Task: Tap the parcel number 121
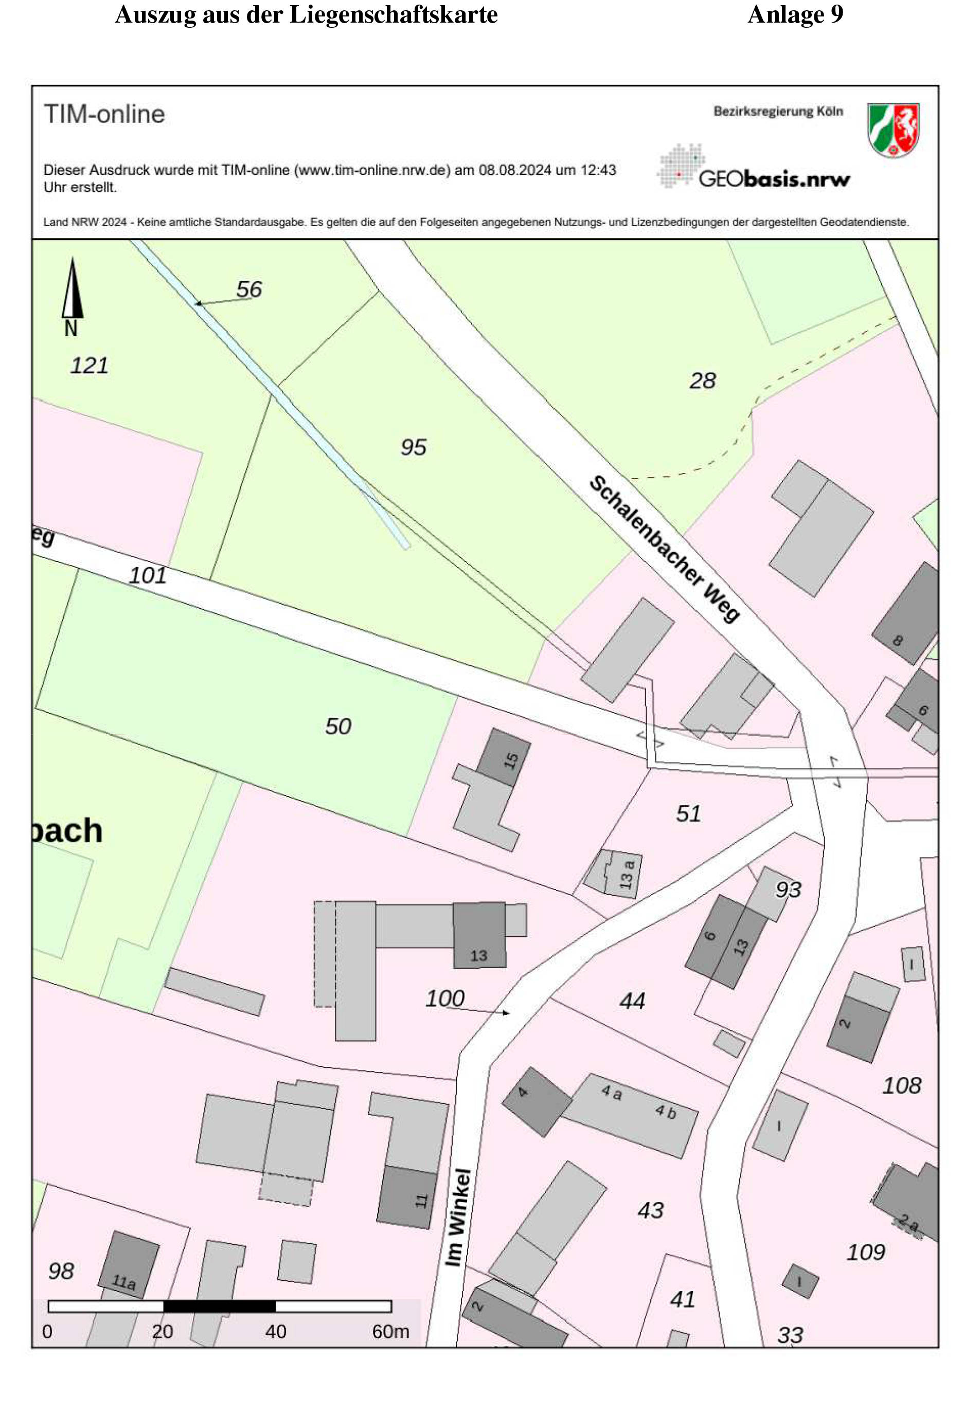click(x=89, y=366)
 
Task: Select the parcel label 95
click(x=413, y=447)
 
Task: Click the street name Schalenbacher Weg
click(x=664, y=549)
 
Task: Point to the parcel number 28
click(x=702, y=381)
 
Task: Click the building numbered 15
click(x=504, y=757)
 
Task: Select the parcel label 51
click(x=688, y=813)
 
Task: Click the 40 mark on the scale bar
click(x=276, y=1331)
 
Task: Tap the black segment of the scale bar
click(x=220, y=1306)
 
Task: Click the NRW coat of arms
click(x=893, y=130)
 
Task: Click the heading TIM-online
click(x=104, y=114)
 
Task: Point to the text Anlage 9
click(x=795, y=14)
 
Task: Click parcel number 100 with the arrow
click(x=445, y=998)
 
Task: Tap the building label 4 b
click(x=666, y=1112)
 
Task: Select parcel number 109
click(x=865, y=1252)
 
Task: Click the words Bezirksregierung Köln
click(x=778, y=112)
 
